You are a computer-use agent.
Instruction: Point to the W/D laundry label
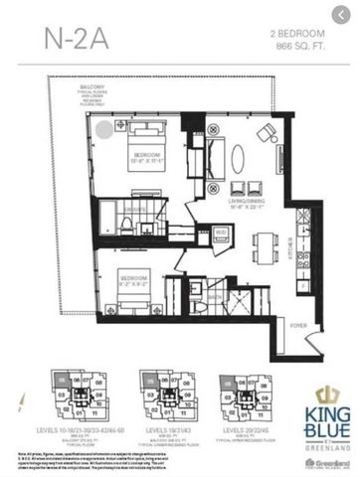[220, 231]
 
